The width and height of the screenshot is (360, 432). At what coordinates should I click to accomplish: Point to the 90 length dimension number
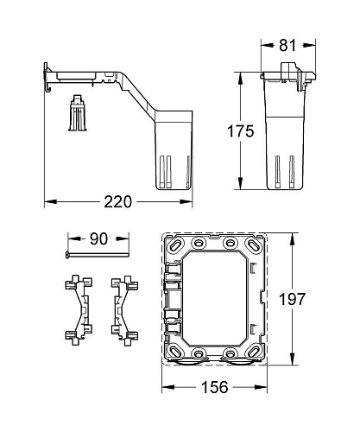97,239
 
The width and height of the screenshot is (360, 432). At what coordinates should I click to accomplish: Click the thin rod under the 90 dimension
95,256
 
